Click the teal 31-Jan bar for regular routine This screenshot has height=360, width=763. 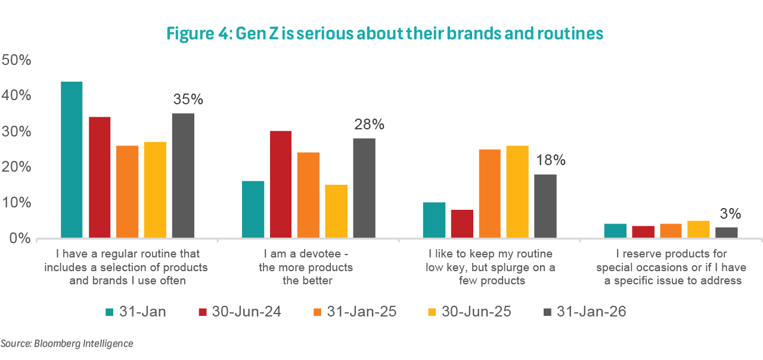(72, 160)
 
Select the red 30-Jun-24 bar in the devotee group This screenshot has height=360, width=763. (280, 185)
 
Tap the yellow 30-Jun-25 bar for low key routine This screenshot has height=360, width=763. (517, 192)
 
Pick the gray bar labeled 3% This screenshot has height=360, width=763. (727, 232)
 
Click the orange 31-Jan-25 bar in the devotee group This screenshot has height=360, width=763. (308, 195)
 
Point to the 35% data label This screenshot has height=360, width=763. (188, 100)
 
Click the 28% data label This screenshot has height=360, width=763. (369, 125)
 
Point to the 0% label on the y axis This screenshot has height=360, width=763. (20, 239)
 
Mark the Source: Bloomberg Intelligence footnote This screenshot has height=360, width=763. (67, 344)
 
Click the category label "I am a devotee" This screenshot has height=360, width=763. (305, 255)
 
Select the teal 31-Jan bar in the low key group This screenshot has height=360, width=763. (434, 221)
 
